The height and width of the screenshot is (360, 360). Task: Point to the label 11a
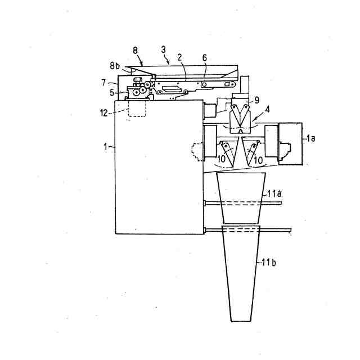tap(275, 193)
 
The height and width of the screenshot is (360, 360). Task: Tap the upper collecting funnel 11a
tap(241, 197)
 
